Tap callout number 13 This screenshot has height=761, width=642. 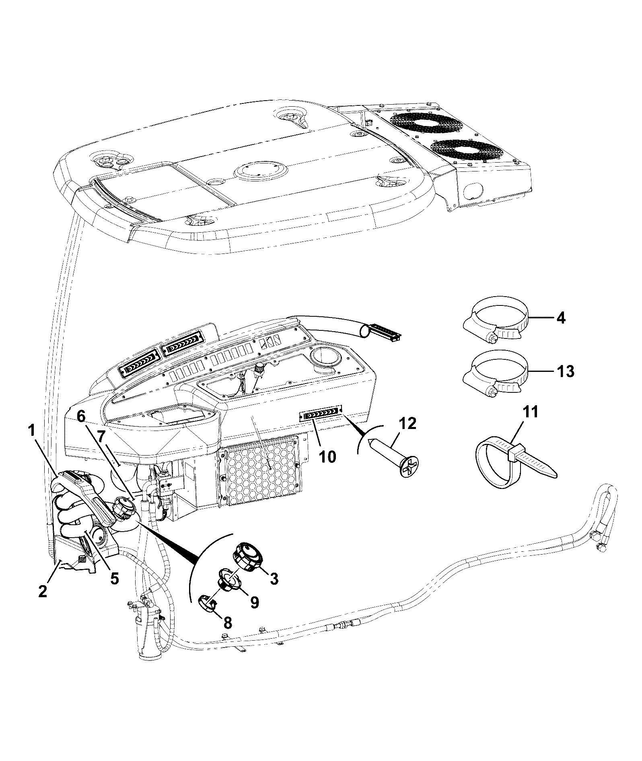pyautogui.click(x=566, y=371)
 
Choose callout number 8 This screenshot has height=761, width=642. pyautogui.click(x=227, y=623)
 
